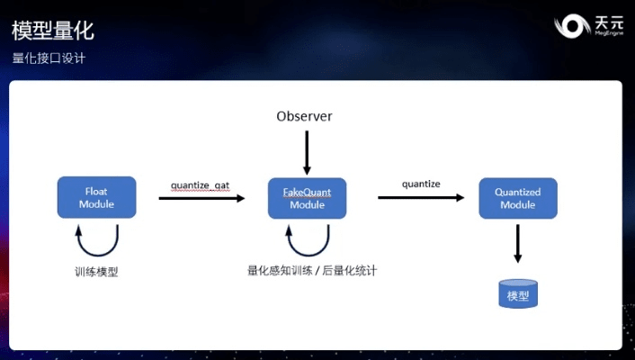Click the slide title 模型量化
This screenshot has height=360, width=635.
[x=53, y=31]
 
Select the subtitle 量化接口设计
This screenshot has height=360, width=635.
[x=49, y=58]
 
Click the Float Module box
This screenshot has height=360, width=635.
[x=96, y=197]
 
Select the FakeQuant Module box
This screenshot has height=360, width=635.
[x=307, y=197]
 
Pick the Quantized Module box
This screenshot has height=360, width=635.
[x=517, y=197]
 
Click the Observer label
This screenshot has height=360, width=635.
[x=304, y=116]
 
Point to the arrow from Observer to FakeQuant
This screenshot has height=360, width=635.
[x=307, y=152]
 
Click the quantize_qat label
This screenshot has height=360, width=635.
[x=200, y=185]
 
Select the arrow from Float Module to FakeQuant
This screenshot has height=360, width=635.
[x=201, y=198]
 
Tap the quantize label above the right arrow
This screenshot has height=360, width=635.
[x=421, y=184]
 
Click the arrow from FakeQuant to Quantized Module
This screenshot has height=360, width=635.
[x=421, y=197]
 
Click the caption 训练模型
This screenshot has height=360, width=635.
[x=96, y=271]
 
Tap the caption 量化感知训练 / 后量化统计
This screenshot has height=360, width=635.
[x=311, y=269]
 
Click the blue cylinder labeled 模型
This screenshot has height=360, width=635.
[x=518, y=294]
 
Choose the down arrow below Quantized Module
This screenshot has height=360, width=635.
[x=518, y=244]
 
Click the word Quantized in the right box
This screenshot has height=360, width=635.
[x=517, y=192]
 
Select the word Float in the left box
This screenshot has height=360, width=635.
[x=96, y=192]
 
